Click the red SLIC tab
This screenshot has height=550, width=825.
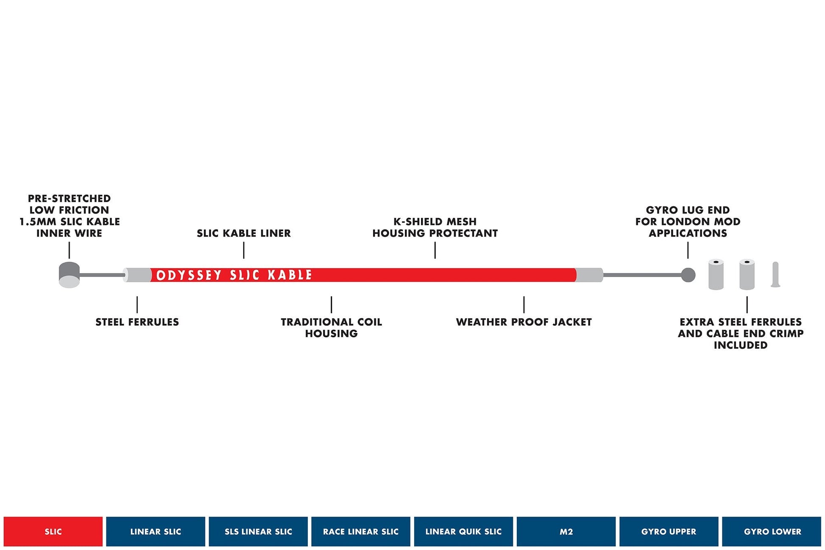[x=53, y=531]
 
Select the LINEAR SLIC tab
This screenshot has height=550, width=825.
[x=156, y=531]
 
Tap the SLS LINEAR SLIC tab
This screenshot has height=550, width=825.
[x=258, y=531]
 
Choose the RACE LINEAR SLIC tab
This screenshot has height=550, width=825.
[x=361, y=531]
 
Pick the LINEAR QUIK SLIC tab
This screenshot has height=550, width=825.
[x=463, y=531]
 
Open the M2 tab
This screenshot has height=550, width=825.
[x=566, y=531]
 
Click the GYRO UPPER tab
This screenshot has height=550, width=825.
[x=669, y=531]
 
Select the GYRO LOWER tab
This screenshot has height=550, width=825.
[x=772, y=531]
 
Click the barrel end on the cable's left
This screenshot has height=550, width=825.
[x=69, y=275]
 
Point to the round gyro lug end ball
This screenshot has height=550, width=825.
[x=688, y=275]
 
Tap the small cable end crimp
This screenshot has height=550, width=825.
[x=775, y=275]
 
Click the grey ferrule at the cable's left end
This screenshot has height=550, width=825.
[x=137, y=275]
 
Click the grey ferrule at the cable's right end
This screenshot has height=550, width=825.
[x=589, y=275]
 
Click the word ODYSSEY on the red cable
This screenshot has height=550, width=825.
[x=189, y=275]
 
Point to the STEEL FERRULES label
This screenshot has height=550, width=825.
[x=137, y=322]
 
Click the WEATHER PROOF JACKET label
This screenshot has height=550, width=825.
[x=524, y=322]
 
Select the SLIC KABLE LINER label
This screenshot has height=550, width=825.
[x=244, y=233]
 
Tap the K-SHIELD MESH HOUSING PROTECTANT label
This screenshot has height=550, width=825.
[x=435, y=227]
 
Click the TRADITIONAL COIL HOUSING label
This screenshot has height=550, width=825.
[x=332, y=328]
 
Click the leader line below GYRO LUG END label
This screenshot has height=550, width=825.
[x=688, y=250]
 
